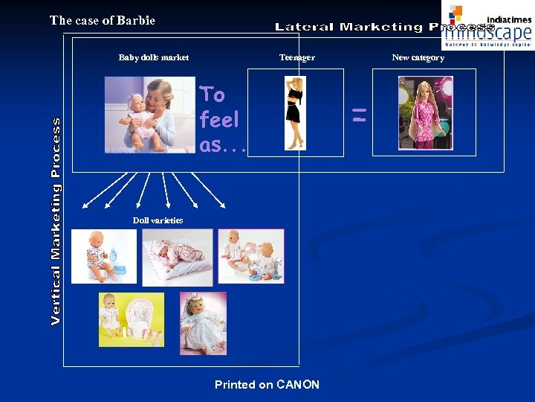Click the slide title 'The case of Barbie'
click(103, 21)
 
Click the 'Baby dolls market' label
click(154, 57)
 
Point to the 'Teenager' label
click(296, 57)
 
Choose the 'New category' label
click(418, 57)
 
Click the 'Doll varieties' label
click(158, 220)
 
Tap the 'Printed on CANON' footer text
click(267, 385)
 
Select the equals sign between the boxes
click(359, 115)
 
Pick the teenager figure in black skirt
click(295, 113)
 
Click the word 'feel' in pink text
click(219, 120)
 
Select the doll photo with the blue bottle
click(103, 255)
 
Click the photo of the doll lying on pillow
click(177, 257)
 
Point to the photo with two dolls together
click(250, 255)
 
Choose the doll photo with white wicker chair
click(132, 319)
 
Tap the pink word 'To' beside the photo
click(213, 95)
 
